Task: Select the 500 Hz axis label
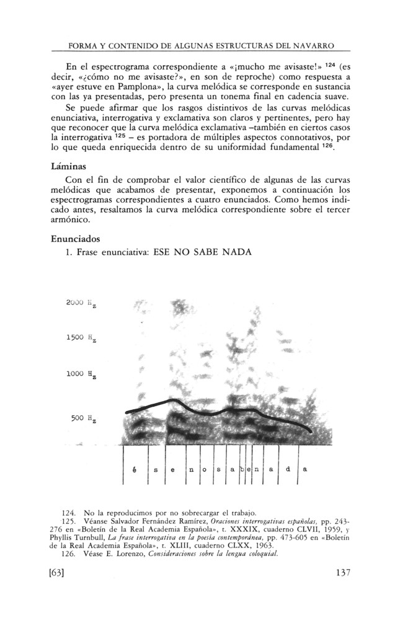(82, 418)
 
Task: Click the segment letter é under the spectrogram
(135, 469)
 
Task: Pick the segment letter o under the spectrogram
(206, 469)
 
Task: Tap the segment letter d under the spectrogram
(287, 469)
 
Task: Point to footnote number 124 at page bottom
(69, 513)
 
